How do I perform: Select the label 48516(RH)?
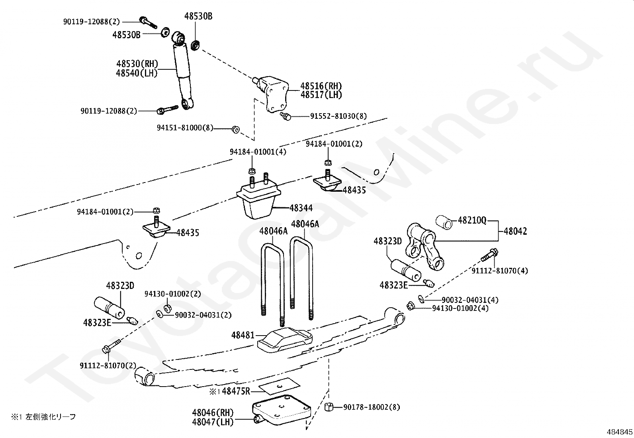pos(321,86)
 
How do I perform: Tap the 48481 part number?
pos(243,336)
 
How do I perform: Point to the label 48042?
pos(515,231)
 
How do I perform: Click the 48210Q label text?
pos(472,220)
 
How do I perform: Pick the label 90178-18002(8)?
pos(371,407)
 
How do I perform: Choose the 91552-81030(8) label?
pos(339,116)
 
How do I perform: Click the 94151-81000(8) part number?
pos(185,128)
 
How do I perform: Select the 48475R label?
pos(236,391)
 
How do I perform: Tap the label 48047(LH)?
pos(212,422)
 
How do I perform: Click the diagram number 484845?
pos(619,432)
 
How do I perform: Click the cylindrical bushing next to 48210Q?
pos(443,222)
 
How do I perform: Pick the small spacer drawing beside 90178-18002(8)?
pos(329,407)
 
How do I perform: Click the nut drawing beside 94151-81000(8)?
pos(235,129)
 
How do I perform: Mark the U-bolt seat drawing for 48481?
pos(284,340)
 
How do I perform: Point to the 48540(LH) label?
pos(137,73)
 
